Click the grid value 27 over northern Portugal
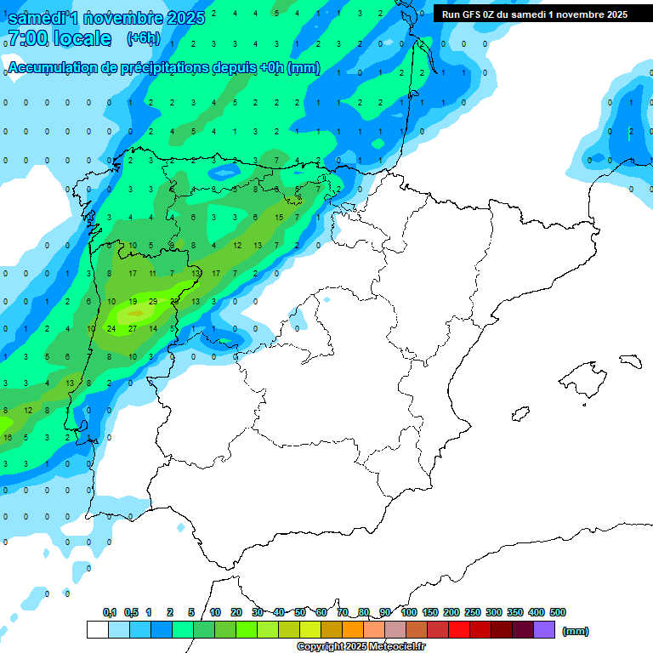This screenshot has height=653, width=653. tap(132, 328)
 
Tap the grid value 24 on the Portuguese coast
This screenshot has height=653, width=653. tap(111, 328)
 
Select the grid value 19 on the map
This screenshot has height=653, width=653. tap(133, 302)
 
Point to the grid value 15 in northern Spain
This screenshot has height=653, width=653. tap(279, 218)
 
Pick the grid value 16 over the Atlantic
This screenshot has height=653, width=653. tap(8, 437)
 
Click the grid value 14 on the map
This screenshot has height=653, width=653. tap(153, 328)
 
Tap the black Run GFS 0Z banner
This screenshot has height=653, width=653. tap(535, 14)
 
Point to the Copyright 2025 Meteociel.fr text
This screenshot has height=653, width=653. tap(361, 646)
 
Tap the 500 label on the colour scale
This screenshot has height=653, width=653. tap(558, 612)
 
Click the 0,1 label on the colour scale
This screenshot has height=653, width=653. tap(110, 612)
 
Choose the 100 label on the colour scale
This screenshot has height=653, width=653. tap(408, 612)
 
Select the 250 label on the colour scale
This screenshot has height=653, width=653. tap(473, 612)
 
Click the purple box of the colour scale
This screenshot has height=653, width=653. tap(544, 629)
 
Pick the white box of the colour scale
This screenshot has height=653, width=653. tap(97, 629)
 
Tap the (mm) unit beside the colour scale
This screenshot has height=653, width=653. tap(576, 631)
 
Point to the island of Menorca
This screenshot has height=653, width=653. tap(630, 361)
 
